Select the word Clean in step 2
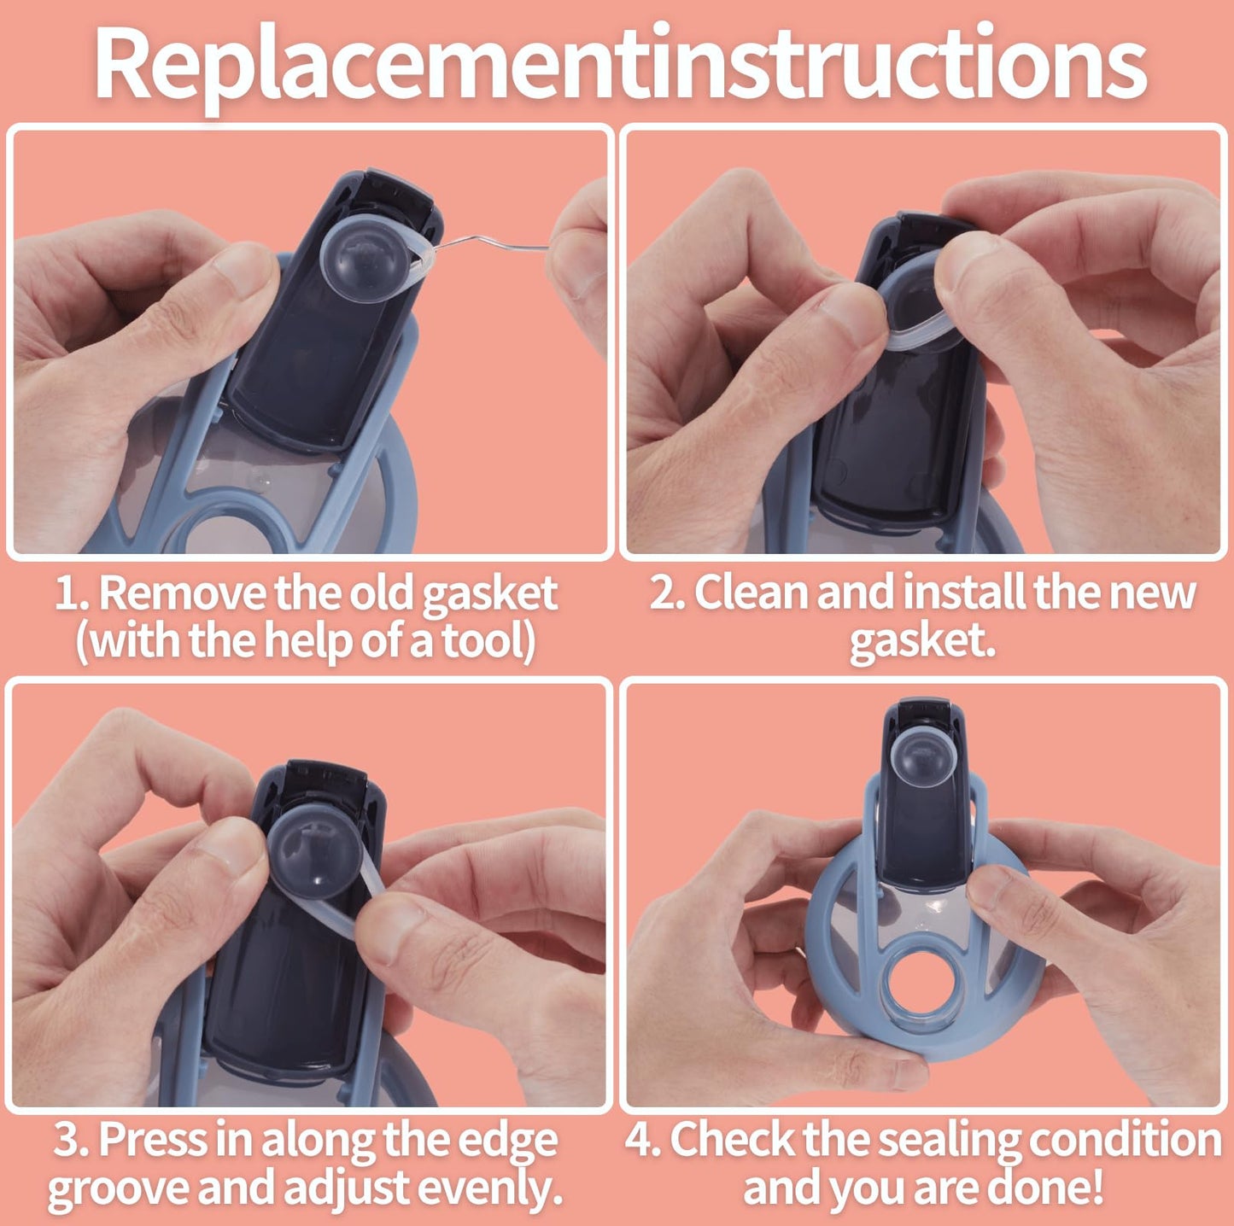coord(751,593)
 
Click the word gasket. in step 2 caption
coord(922,640)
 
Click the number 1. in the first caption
coord(71,593)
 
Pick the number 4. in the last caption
coord(641,1140)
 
